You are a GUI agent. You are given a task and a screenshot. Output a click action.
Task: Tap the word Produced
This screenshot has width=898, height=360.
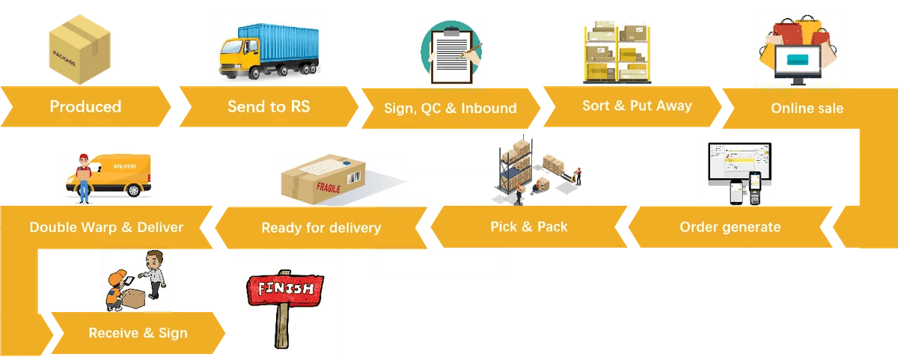[x=85, y=106]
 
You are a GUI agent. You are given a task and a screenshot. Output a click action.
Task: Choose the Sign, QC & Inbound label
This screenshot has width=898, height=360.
[x=450, y=108]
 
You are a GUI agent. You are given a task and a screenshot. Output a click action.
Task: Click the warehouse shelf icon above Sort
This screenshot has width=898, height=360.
[x=617, y=52]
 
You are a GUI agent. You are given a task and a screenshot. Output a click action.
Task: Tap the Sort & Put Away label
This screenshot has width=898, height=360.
[x=637, y=106]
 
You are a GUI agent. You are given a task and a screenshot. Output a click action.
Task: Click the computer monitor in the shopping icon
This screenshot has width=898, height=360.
[x=795, y=61]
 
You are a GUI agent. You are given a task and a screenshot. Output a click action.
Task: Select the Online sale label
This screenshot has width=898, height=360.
[x=807, y=109]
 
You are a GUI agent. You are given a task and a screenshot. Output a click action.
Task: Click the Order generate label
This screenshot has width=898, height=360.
[x=730, y=227]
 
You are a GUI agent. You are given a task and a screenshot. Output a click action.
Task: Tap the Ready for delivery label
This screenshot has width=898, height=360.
[x=321, y=228]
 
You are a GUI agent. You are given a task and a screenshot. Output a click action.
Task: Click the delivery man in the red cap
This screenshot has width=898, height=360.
[x=84, y=178]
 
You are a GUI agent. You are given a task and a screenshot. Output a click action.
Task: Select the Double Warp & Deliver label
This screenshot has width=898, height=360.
[x=106, y=227]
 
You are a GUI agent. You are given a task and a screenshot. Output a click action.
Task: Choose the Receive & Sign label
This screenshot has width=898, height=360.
[x=138, y=333]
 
